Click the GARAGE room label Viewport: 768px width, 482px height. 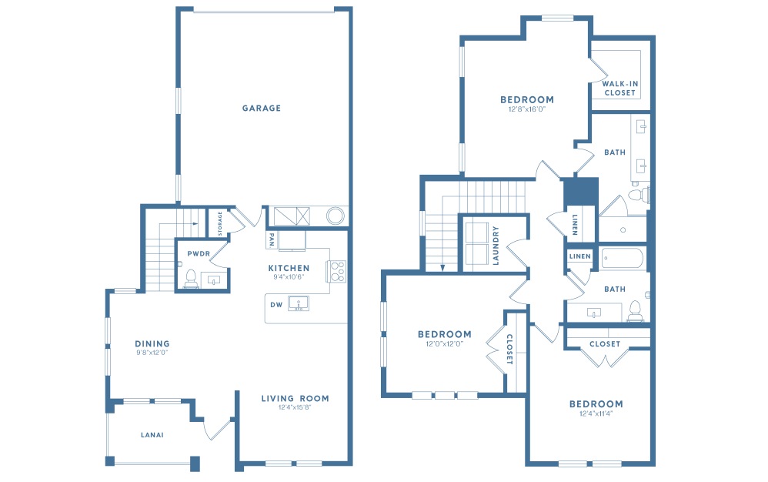tap(262, 109)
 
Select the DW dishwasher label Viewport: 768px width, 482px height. tap(276, 304)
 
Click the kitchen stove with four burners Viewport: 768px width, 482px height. tap(337, 269)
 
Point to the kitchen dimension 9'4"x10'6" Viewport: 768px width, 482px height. tap(289, 277)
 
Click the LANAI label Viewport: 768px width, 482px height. tap(151, 435)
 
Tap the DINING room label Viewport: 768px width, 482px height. tap(152, 343)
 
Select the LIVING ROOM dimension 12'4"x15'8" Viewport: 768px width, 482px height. tap(294, 407)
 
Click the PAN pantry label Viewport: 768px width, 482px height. tap(272, 239)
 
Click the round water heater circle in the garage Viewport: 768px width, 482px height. tap(336, 216)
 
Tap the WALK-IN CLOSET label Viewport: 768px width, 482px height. tap(619, 88)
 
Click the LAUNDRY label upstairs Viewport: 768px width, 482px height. tap(496, 245)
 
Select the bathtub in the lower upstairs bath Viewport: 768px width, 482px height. tap(623, 258)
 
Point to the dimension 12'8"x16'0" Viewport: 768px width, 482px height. tap(526, 109)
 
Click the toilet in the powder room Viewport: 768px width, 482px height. tap(190, 278)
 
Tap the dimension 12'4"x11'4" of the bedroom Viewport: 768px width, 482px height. tap(596, 413)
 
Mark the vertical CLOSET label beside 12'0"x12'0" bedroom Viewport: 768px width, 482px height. tap(509, 348)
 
